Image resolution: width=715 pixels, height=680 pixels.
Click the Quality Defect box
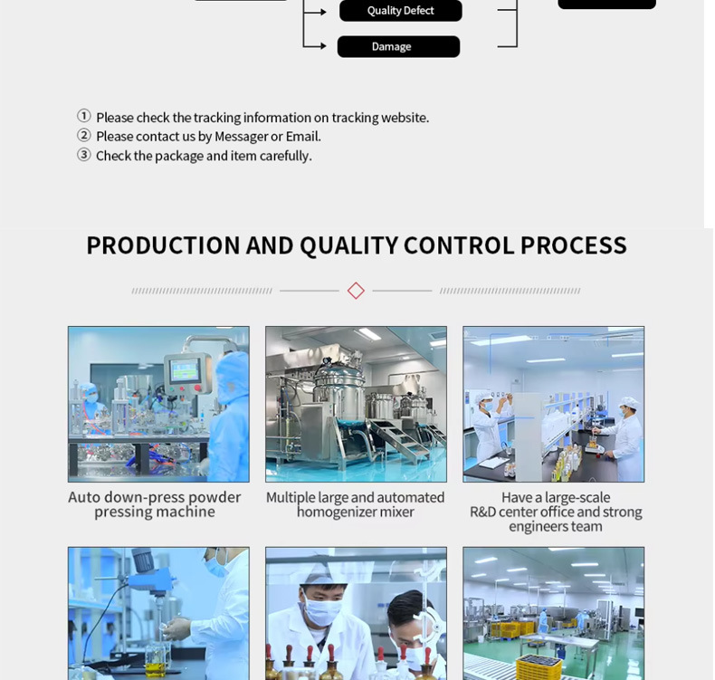(x=400, y=11)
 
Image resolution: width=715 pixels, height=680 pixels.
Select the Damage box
(x=398, y=46)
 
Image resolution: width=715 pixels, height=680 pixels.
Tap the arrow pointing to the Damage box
(x=315, y=46)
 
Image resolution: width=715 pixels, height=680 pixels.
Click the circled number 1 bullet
(x=84, y=116)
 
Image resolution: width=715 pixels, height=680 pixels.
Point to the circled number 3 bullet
(x=84, y=155)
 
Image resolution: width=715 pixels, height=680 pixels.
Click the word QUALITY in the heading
(x=349, y=245)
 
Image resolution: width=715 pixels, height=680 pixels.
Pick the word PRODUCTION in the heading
(x=163, y=245)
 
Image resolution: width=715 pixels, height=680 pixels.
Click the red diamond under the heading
(x=356, y=291)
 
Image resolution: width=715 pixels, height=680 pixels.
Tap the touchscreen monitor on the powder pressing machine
(x=185, y=370)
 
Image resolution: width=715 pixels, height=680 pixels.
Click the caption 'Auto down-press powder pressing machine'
(x=155, y=504)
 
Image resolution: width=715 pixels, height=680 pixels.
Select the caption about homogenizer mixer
(x=355, y=504)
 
